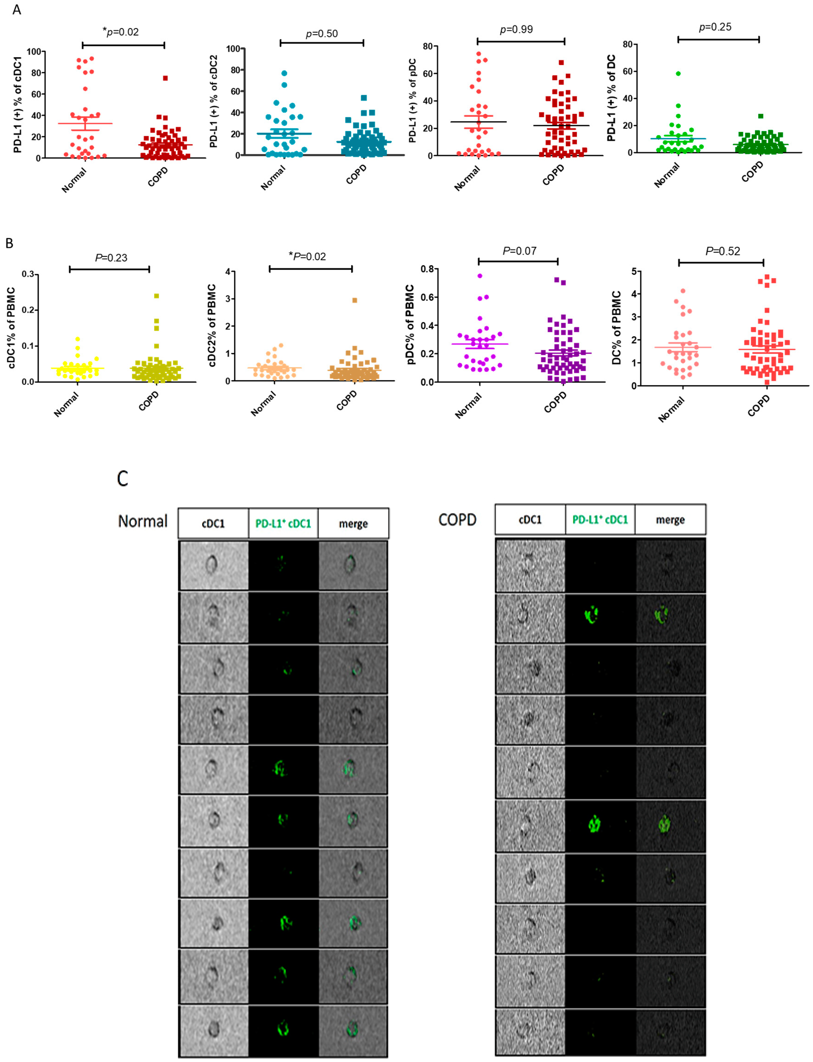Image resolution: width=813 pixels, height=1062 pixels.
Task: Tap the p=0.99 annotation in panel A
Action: pos(516,30)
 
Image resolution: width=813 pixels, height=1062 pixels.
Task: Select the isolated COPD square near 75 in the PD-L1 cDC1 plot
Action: pos(165,78)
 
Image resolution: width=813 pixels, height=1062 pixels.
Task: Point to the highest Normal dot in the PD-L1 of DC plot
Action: pos(678,74)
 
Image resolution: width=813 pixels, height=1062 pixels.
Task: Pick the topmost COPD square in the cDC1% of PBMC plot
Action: pos(156,296)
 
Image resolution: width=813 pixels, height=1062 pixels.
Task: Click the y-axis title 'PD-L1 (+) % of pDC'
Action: pos(412,101)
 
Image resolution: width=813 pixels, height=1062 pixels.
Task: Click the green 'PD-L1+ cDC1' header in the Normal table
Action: pos(283,523)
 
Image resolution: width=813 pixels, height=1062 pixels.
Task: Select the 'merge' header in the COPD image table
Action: pos(670,520)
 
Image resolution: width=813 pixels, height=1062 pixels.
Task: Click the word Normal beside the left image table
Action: pos(143,521)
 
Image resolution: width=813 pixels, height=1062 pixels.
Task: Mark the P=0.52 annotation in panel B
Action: pos(723,251)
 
